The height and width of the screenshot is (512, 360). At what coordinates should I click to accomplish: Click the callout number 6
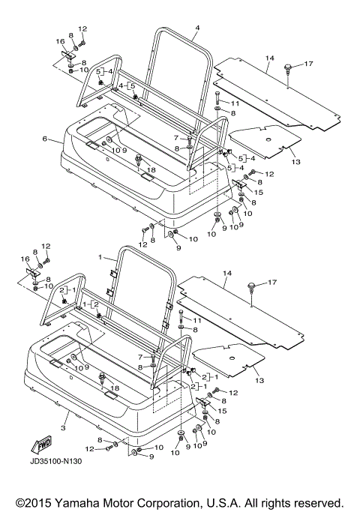point(45,139)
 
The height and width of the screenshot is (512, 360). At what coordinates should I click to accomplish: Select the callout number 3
point(63,428)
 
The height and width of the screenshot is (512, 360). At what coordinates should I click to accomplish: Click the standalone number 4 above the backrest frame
point(197,28)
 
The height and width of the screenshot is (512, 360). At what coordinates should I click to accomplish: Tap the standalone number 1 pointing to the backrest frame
point(100,258)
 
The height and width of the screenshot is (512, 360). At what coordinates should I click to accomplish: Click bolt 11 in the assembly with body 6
point(217,98)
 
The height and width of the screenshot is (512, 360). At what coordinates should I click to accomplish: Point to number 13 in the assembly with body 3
point(259,380)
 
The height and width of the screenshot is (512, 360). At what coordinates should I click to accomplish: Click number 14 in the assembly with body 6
point(270,58)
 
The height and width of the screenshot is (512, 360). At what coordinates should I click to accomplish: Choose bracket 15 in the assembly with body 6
point(238,185)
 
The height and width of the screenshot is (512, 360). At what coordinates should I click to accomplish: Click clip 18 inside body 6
point(139,160)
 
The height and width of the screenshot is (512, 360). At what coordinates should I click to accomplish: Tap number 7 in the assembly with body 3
point(140,358)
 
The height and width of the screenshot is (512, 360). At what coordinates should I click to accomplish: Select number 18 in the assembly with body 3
point(115,388)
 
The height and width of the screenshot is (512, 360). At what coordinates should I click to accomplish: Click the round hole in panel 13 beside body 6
point(268,139)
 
